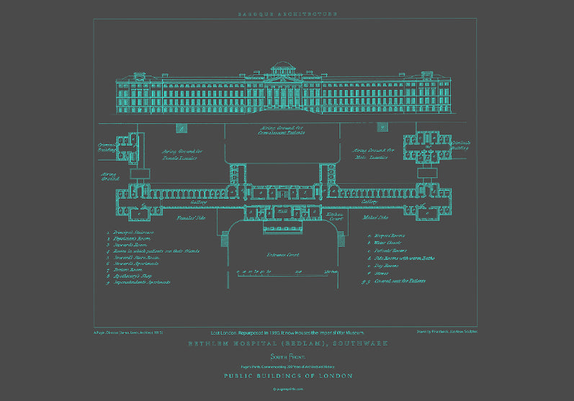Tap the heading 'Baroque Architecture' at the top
[287, 14]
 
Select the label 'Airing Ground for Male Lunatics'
[373, 154]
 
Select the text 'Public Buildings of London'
[287, 376]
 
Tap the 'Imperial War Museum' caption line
[287, 333]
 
